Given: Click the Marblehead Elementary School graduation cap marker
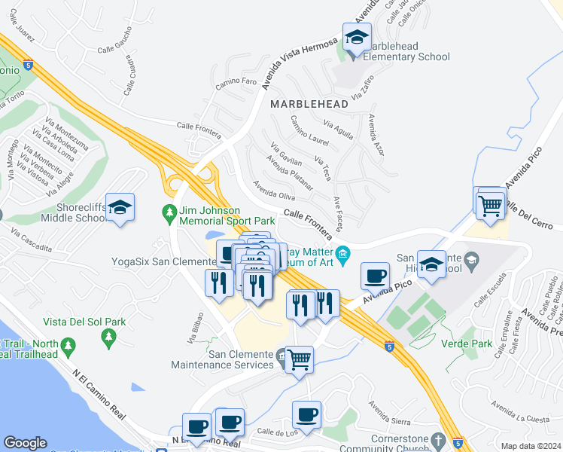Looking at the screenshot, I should click(357, 36).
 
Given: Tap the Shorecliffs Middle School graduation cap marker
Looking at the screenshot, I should click(120, 207).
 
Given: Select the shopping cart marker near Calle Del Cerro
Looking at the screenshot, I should click(490, 203).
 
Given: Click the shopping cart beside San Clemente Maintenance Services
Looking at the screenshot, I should click(300, 359).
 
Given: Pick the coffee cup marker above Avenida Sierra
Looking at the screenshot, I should click(306, 414).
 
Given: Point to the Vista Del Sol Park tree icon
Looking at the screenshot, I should click(69, 346).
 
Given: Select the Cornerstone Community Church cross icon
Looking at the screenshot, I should click(438, 439).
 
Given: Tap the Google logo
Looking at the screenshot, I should click(25, 443).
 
